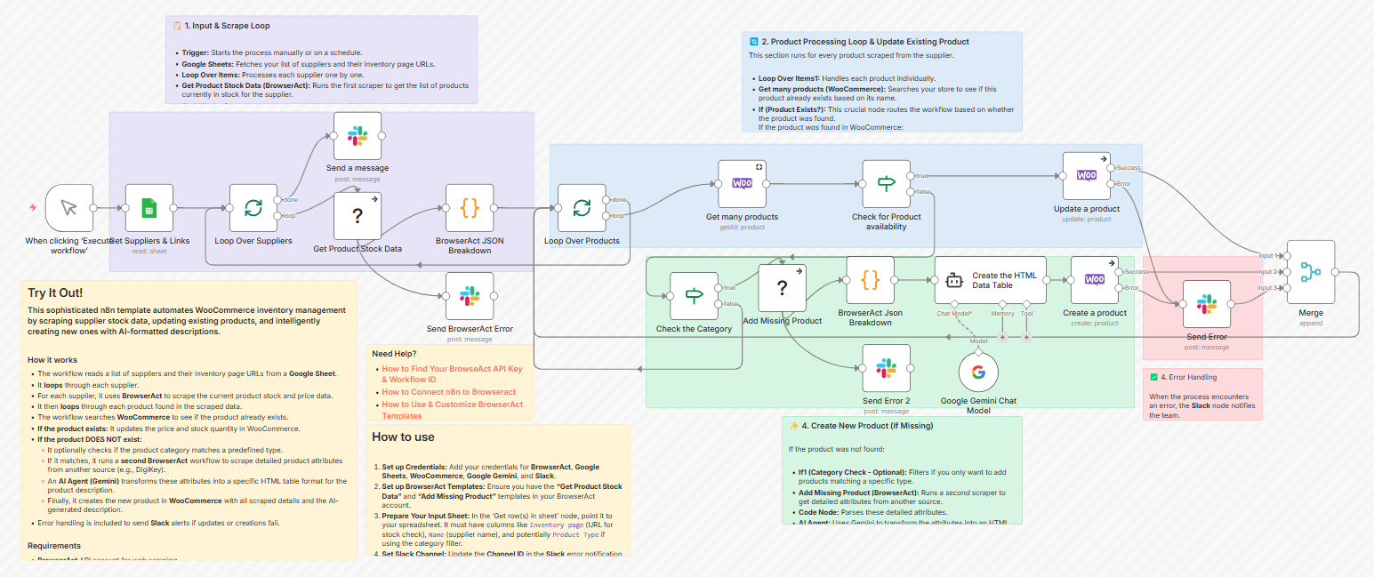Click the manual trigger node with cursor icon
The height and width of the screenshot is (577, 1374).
(x=68, y=208)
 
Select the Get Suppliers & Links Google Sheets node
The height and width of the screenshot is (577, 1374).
(x=149, y=208)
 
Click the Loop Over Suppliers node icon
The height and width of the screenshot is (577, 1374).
(x=253, y=208)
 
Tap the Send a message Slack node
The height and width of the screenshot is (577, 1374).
(x=358, y=136)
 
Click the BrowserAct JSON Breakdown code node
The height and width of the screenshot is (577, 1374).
(x=470, y=208)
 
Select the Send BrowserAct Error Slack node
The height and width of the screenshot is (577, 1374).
(x=470, y=296)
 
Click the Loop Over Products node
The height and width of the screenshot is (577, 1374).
(x=582, y=208)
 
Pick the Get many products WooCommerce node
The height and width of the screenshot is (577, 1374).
(x=742, y=184)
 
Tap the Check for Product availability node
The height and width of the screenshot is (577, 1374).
(x=887, y=184)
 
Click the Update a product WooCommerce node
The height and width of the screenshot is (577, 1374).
(x=1086, y=176)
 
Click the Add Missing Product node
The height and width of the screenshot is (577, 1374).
(x=782, y=288)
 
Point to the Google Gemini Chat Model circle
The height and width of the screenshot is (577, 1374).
(x=978, y=373)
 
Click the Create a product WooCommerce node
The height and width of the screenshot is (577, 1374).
(x=1095, y=280)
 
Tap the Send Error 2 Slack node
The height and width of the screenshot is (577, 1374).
(x=886, y=368)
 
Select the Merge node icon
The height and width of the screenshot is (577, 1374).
(x=1311, y=272)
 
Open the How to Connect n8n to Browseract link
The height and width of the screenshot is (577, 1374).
(x=448, y=392)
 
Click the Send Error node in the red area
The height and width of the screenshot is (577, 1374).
(x=1207, y=304)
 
